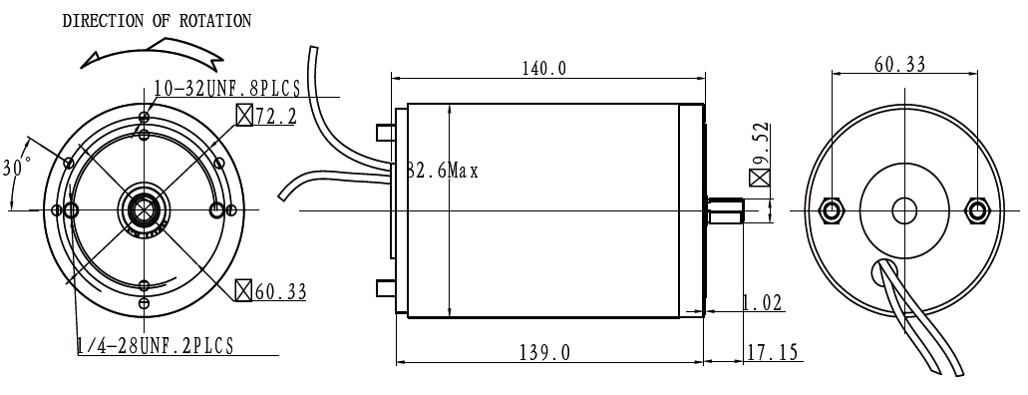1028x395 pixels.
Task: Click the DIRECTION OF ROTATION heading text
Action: click(x=157, y=21)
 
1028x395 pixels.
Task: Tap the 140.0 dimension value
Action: click(x=543, y=68)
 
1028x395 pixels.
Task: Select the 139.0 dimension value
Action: click(x=544, y=353)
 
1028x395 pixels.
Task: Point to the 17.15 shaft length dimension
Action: click(x=774, y=353)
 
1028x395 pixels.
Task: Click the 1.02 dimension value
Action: click(x=762, y=303)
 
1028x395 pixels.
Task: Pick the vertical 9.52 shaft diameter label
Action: click(x=762, y=144)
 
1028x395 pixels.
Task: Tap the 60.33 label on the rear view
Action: click(x=899, y=64)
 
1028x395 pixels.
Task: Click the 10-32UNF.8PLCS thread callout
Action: click(x=227, y=88)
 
